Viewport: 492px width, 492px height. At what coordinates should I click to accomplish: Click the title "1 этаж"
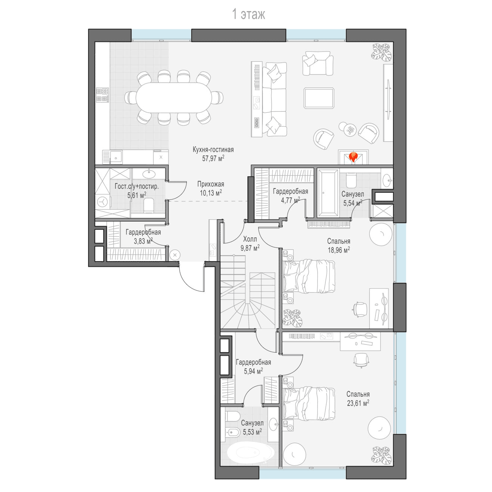248,14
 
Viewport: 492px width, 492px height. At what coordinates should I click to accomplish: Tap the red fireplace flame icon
353,157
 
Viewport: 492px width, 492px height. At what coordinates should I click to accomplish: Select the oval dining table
174,98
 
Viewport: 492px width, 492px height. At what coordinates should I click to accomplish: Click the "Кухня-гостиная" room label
213,149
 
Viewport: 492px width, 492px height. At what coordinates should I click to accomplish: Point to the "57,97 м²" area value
213,158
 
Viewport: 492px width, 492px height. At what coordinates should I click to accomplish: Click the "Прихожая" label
211,184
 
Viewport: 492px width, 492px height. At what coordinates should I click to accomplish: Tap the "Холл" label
250,239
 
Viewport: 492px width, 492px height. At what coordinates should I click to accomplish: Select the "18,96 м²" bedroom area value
339,250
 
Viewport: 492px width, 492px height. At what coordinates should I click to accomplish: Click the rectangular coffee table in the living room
319,98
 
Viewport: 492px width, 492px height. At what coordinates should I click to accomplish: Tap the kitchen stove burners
102,95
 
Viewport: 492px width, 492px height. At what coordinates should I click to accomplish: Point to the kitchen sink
116,157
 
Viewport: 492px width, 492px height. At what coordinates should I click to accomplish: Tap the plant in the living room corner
381,52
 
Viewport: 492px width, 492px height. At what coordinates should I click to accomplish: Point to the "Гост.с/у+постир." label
137,186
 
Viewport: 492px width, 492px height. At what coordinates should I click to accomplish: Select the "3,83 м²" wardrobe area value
143,241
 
